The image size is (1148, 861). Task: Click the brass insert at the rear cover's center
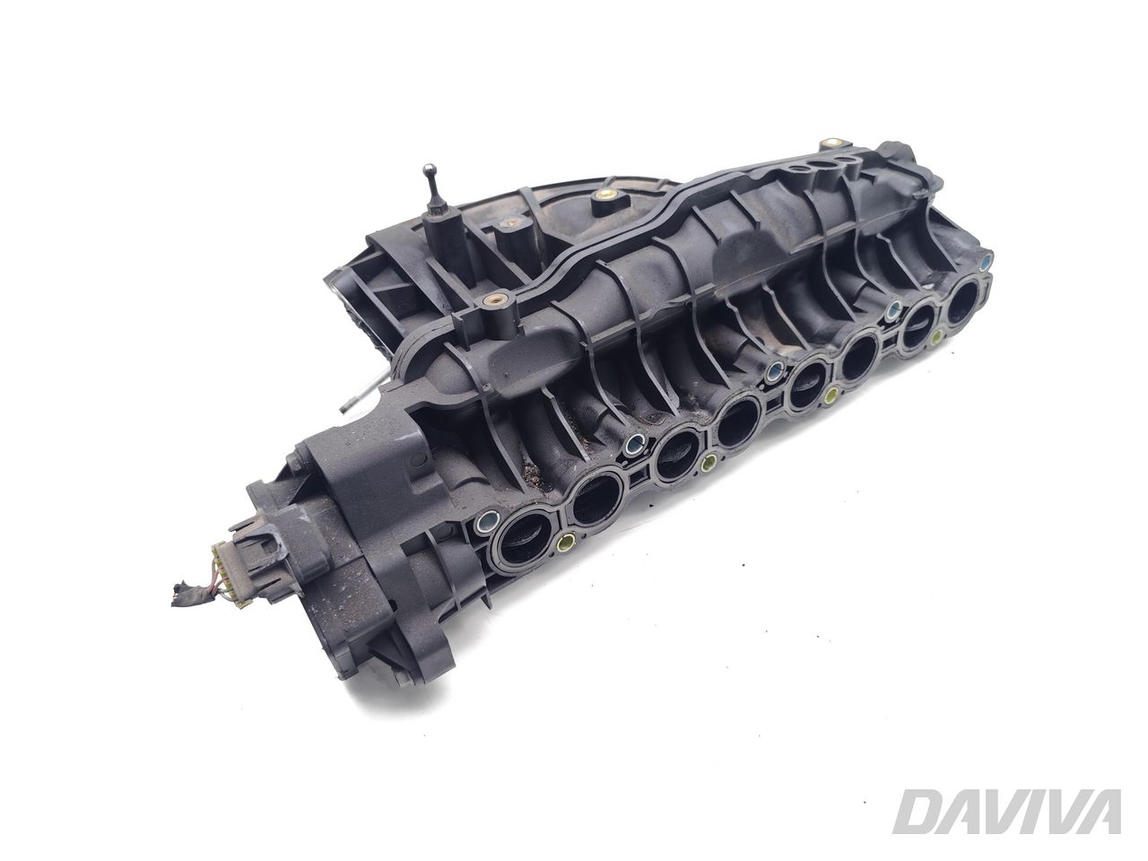[x=609, y=194]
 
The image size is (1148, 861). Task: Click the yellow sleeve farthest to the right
[x=938, y=338]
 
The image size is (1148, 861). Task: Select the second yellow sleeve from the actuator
[x=709, y=463]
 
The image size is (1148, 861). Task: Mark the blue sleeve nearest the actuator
[x=489, y=519]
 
